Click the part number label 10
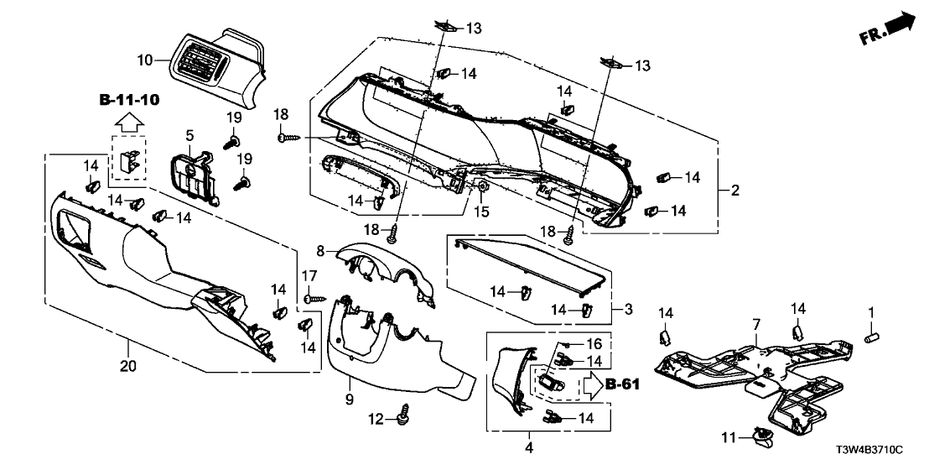click(144, 60)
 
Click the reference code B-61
click(621, 385)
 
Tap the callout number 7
click(755, 324)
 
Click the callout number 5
click(189, 135)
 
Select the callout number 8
click(319, 250)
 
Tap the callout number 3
click(628, 309)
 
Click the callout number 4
click(529, 447)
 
